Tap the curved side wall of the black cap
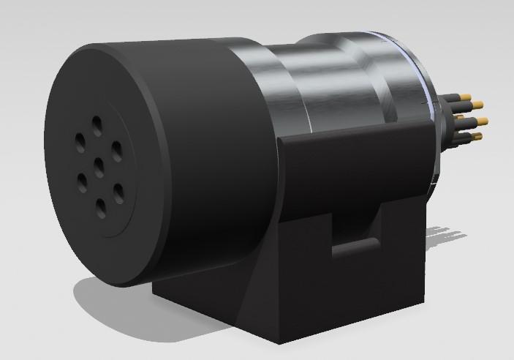(212, 146)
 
